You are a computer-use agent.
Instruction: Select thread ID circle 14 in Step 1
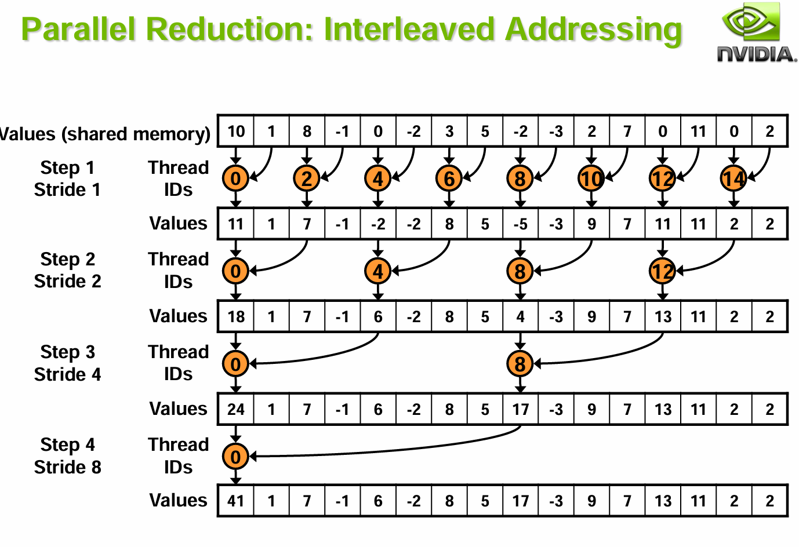click(733, 178)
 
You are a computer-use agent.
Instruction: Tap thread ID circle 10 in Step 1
click(591, 178)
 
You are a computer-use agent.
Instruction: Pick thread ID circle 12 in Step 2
click(663, 271)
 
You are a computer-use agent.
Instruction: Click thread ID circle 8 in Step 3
click(520, 364)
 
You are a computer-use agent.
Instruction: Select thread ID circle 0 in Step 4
click(235, 457)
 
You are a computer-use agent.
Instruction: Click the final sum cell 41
click(236, 501)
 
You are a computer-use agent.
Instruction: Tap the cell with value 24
click(236, 409)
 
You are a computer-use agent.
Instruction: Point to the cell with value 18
click(236, 316)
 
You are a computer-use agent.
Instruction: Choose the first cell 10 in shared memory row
click(236, 132)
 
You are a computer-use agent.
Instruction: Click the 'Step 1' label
click(67, 167)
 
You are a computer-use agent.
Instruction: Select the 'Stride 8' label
click(67, 467)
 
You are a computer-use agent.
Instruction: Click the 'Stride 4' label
click(67, 374)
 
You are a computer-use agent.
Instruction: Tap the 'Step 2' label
click(67, 259)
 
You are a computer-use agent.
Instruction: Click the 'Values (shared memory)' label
click(104, 134)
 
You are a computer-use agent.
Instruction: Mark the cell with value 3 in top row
click(449, 132)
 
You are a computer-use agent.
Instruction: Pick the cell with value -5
click(520, 224)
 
